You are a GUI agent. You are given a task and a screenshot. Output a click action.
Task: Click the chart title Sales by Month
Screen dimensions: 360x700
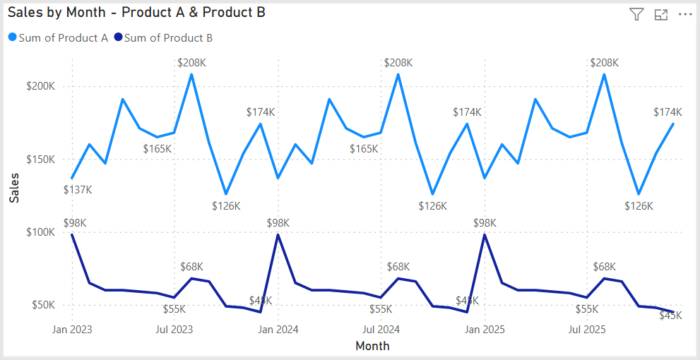[x=136, y=13]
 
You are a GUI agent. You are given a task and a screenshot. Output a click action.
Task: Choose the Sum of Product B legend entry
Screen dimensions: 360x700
[x=167, y=38]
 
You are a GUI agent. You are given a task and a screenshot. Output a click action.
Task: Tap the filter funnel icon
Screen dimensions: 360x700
[x=636, y=14]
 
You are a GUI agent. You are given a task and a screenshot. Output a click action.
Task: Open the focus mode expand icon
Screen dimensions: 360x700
[x=661, y=14]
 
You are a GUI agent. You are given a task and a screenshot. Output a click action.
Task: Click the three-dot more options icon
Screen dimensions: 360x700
[x=684, y=14]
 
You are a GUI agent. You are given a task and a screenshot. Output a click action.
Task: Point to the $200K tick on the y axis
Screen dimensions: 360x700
[x=41, y=86]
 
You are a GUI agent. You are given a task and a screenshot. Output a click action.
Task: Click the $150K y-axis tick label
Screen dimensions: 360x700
[x=41, y=160]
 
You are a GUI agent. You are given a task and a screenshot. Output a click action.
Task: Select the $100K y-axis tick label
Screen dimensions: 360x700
[x=41, y=232]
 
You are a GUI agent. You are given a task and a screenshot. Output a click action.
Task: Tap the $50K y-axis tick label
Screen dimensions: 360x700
[x=44, y=306]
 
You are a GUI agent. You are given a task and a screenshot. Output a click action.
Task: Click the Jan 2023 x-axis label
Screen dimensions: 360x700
[x=72, y=329]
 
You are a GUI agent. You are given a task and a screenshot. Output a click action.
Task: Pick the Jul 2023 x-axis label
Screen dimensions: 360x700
[x=174, y=329]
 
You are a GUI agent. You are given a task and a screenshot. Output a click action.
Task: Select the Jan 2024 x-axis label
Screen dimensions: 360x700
[x=278, y=329]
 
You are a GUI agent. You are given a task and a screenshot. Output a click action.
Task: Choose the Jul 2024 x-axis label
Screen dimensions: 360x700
[x=381, y=329]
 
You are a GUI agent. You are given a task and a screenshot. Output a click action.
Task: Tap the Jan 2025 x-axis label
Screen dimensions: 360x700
[x=485, y=329]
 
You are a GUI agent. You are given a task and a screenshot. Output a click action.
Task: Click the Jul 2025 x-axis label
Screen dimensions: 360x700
[x=587, y=329]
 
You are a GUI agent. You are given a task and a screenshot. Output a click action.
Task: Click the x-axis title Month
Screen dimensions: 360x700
[x=372, y=346]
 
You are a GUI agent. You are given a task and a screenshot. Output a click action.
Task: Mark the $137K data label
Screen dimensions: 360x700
[x=78, y=190]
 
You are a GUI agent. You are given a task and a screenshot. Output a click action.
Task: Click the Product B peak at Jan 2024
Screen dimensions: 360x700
[x=278, y=234]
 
